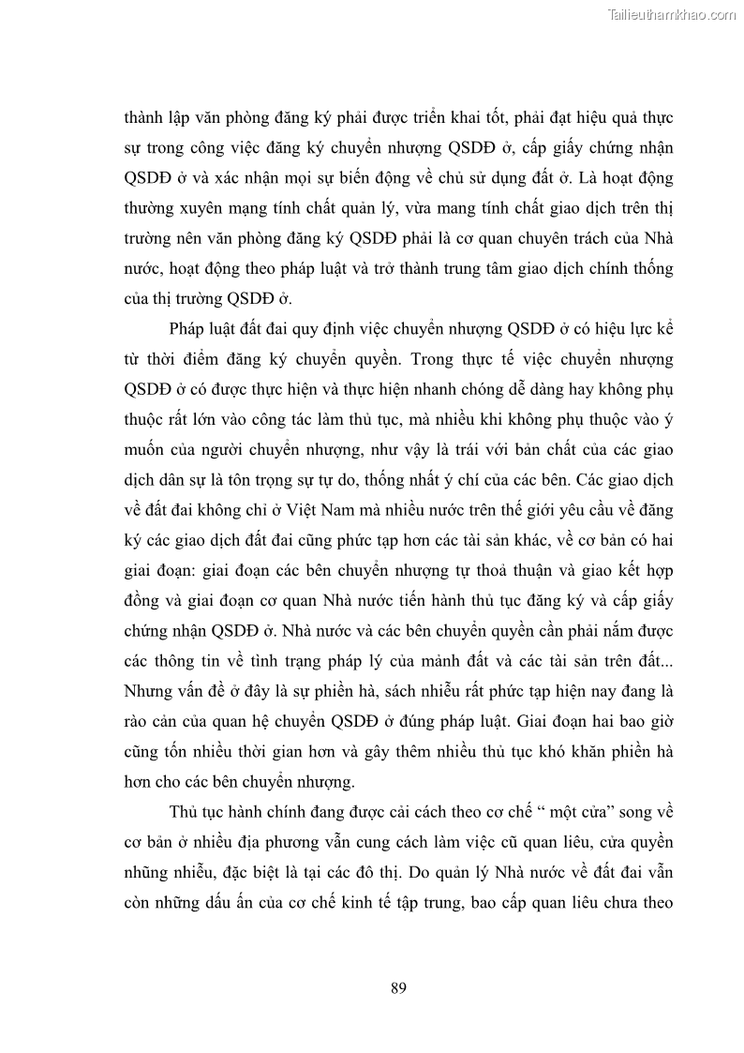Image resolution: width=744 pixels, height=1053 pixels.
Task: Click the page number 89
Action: point(397,987)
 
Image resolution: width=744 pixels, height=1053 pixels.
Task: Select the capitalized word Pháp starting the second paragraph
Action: point(188,329)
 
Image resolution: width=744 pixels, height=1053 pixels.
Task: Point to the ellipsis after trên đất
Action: point(664,662)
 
